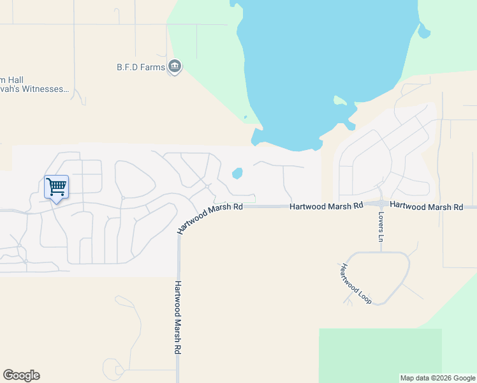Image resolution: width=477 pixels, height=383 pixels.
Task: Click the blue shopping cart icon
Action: tap(56, 187)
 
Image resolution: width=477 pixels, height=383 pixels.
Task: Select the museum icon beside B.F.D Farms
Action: tap(175, 66)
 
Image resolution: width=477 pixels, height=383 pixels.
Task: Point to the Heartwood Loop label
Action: tap(356, 283)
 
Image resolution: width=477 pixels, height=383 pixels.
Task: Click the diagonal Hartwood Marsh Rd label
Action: tap(210, 218)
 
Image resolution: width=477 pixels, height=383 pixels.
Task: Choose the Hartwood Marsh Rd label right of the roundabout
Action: tap(426, 207)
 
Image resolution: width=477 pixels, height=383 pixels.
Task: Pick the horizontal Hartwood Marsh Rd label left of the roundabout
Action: tap(326, 206)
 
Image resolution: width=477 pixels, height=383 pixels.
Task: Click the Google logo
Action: tap(21, 375)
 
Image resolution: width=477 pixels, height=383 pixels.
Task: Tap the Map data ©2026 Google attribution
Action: tap(437, 378)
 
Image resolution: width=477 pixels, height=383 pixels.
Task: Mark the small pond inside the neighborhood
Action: tap(237, 173)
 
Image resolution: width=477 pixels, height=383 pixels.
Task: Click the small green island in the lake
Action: tap(339, 101)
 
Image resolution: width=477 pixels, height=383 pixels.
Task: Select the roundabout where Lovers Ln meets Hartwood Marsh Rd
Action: tap(381, 205)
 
